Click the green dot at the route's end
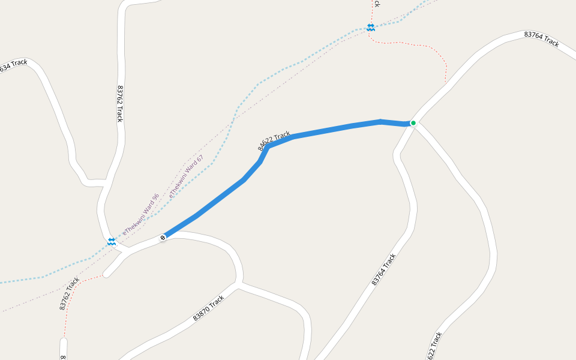click(x=413, y=123)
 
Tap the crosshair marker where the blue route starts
click(x=163, y=238)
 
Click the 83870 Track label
click(x=208, y=308)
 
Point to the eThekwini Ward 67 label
click(x=187, y=176)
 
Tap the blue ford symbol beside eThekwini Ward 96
click(x=112, y=241)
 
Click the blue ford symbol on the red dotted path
click(x=371, y=28)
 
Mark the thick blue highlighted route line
click(x=324, y=131)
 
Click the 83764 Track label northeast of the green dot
click(x=541, y=39)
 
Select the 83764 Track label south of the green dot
click(x=384, y=269)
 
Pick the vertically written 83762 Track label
click(x=119, y=103)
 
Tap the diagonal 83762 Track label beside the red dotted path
click(x=70, y=293)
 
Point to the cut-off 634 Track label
click(x=13, y=65)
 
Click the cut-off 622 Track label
click(x=436, y=345)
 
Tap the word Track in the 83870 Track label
click(x=217, y=301)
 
